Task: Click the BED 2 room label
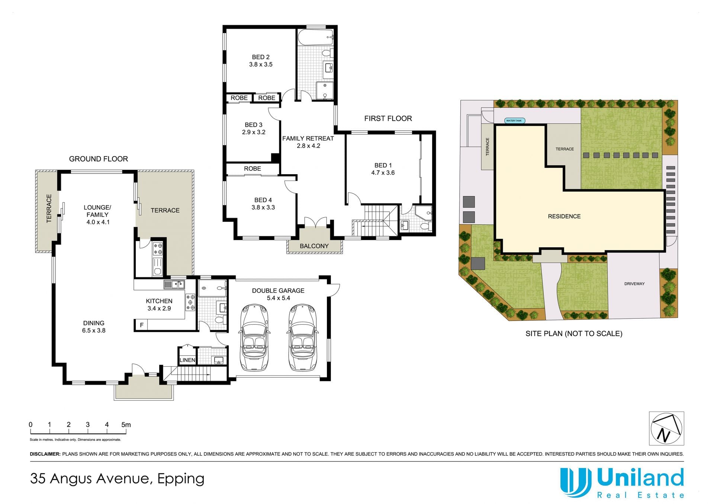tap(261, 57)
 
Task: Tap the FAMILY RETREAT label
tap(308, 139)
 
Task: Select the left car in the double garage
tap(254, 338)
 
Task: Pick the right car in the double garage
tap(302, 338)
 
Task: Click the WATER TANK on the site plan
tap(515, 121)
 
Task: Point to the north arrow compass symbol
tap(666, 428)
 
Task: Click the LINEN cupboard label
tap(187, 360)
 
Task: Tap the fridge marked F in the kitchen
tap(141, 325)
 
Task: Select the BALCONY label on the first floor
tap(314, 246)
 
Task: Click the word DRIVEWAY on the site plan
tap(634, 284)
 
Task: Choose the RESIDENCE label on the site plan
tap(564, 217)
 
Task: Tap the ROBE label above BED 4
tap(253, 169)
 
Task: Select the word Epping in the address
tap(181, 479)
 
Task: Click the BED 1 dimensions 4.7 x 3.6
tap(383, 173)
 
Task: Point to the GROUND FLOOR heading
tap(99, 159)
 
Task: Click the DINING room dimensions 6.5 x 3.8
tap(94, 331)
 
